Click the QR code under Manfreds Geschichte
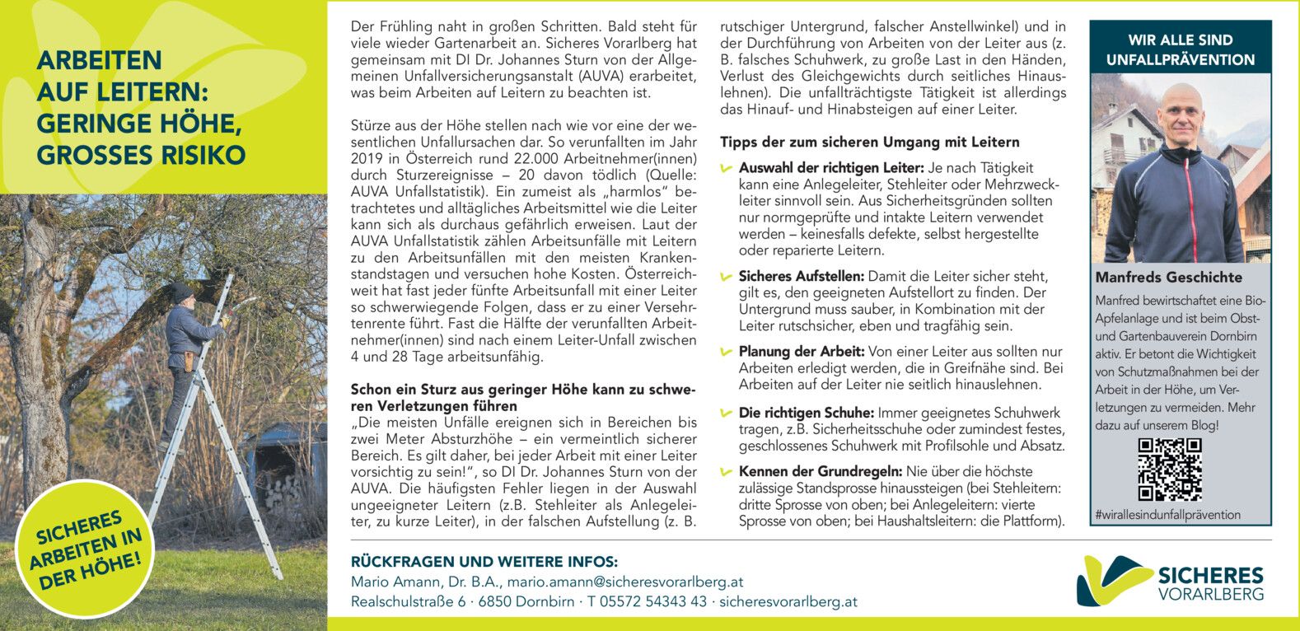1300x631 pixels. [x=1169, y=470]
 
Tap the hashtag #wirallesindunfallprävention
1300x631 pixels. [x=1167, y=515]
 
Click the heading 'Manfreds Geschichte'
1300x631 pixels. [x=1168, y=278]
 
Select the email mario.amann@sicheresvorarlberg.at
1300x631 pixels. [x=624, y=582]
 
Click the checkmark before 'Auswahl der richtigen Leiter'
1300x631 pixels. [x=726, y=169]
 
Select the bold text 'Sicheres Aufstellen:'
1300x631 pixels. [x=801, y=276]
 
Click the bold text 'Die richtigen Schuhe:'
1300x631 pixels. [x=806, y=413]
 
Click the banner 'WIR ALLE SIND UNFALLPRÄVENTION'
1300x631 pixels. [x=1180, y=49]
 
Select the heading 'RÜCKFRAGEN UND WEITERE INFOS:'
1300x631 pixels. [x=484, y=562]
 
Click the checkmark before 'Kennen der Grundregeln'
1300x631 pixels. [x=726, y=473]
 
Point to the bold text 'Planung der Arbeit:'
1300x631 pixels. [x=801, y=351]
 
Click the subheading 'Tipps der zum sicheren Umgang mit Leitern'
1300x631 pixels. [x=869, y=142]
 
